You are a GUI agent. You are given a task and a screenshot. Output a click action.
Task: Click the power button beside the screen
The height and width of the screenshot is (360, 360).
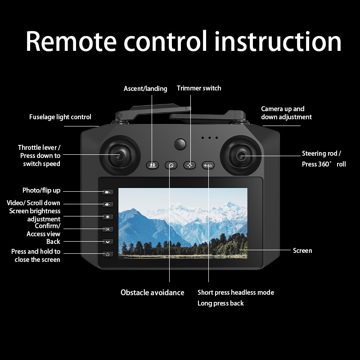[x=108, y=254]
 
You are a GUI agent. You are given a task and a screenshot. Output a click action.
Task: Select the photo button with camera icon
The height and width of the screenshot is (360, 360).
[x=108, y=192]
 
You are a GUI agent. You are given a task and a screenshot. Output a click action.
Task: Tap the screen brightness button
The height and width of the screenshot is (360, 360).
[x=108, y=217]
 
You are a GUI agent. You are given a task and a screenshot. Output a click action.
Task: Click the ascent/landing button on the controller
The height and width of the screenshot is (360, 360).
[x=153, y=165]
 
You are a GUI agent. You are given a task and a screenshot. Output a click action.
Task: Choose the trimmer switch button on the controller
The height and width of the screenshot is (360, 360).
[x=189, y=165]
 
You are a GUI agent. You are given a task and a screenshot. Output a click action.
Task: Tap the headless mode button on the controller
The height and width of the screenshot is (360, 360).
[x=208, y=165]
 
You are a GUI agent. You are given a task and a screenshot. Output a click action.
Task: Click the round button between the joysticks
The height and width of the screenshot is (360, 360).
[x=180, y=144]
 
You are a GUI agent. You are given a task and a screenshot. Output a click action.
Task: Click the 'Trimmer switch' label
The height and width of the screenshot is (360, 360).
[x=199, y=88]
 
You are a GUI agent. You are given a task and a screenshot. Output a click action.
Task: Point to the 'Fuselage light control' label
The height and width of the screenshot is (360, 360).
[x=60, y=117]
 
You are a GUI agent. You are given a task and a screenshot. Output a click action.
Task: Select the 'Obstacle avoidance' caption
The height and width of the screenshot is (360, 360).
[x=153, y=292]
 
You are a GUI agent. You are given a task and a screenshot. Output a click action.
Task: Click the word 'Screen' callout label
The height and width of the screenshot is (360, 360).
[x=302, y=250]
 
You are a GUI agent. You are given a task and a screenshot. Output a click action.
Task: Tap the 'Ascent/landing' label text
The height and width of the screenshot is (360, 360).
[x=145, y=89]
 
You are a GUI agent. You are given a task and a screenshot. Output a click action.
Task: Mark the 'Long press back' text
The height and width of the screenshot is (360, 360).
[x=220, y=303]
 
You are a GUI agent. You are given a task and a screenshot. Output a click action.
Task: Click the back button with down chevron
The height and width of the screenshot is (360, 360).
[x=108, y=242]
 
